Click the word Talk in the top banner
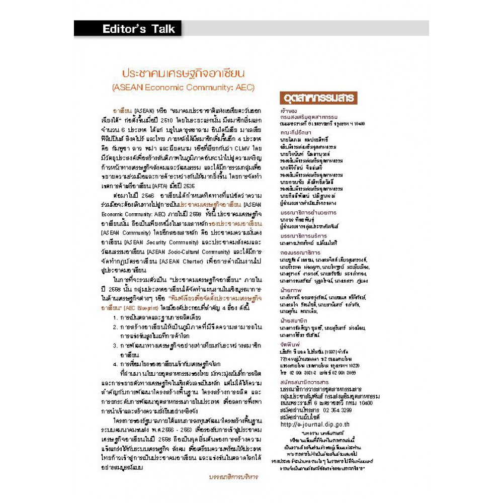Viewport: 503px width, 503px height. coord(160,29)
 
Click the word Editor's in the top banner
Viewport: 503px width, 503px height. coord(124,29)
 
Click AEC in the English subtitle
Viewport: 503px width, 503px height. coord(243,87)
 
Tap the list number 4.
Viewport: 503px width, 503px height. coord(115,364)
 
